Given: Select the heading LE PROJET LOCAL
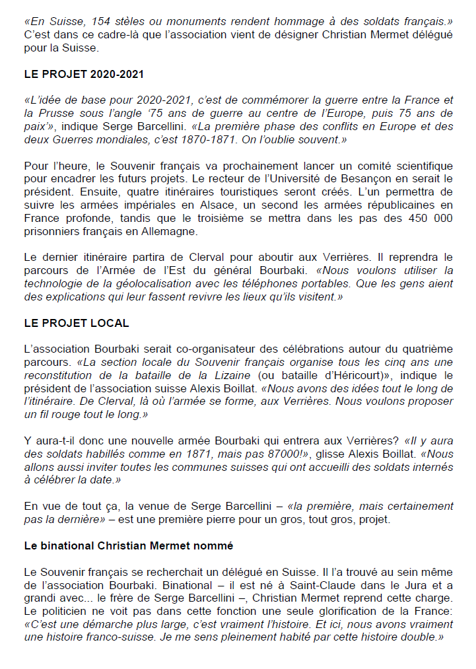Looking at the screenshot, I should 76,323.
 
